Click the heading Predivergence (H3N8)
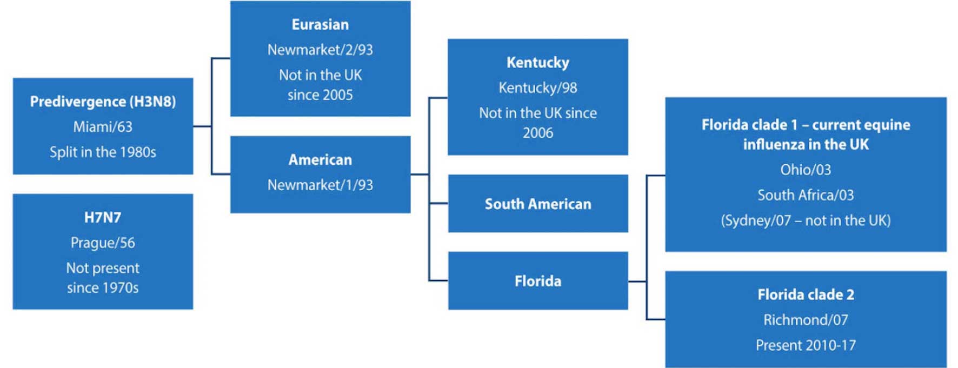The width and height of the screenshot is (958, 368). (x=103, y=102)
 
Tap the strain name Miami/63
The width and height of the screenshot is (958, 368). (x=103, y=127)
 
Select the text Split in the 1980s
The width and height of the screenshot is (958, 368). (x=103, y=152)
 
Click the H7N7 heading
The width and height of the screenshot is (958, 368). (x=103, y=217)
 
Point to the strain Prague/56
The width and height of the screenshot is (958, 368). (x=103, y=243)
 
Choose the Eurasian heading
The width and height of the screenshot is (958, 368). (x=320, y=24)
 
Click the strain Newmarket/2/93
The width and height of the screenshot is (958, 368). (x=320, y=50)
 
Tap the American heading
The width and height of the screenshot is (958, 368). (x=320, y=159)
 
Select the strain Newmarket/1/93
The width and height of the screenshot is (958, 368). (x=320, y=185)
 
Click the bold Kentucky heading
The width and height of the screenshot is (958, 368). (x=538, y=62)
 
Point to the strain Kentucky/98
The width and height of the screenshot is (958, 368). (x=538, y=88)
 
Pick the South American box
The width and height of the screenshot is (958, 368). (x=538, y=203)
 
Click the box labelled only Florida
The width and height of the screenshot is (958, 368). (x=538, y=280)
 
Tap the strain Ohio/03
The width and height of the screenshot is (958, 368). (x=806, y=170)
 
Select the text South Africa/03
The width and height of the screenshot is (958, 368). (x=806, y=195)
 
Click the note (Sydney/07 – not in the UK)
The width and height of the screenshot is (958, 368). (x=806, y=220)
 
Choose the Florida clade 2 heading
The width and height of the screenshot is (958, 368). (x=806, y=295)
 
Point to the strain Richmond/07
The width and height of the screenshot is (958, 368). (x=806, y=320)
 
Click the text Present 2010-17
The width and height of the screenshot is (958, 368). (x=806, y=345)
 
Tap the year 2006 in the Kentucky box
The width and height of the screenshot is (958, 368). (x=538, y=133)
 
